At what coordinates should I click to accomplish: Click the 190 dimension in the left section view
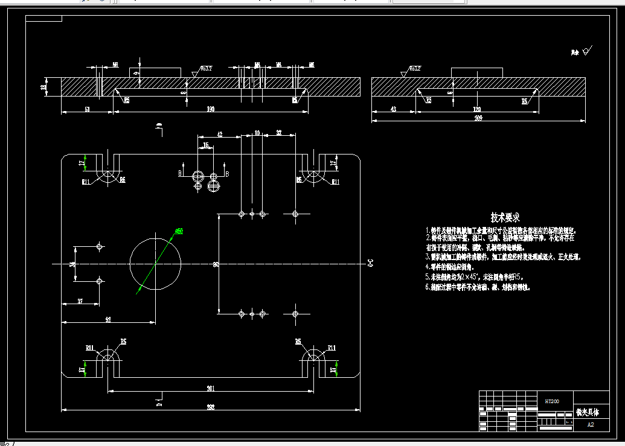tap(211, 109)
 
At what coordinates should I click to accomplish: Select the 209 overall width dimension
tap(478, 118)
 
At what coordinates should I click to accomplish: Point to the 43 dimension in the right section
tap(394, 109)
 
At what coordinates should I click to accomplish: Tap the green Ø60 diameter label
tap(179, 231)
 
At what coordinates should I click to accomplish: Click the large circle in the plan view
tap(155, 264)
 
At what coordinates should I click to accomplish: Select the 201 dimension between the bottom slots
tap(211, 388)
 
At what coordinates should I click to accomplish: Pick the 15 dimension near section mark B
tap(207, 145)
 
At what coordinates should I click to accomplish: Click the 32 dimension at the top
tap(278, 132)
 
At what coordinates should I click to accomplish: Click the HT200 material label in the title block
tap(552, 401)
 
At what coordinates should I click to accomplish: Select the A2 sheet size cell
tap(591, 424)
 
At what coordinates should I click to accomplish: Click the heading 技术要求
tap(505, 217)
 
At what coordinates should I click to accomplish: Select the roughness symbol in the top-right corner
tap(583, 52)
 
